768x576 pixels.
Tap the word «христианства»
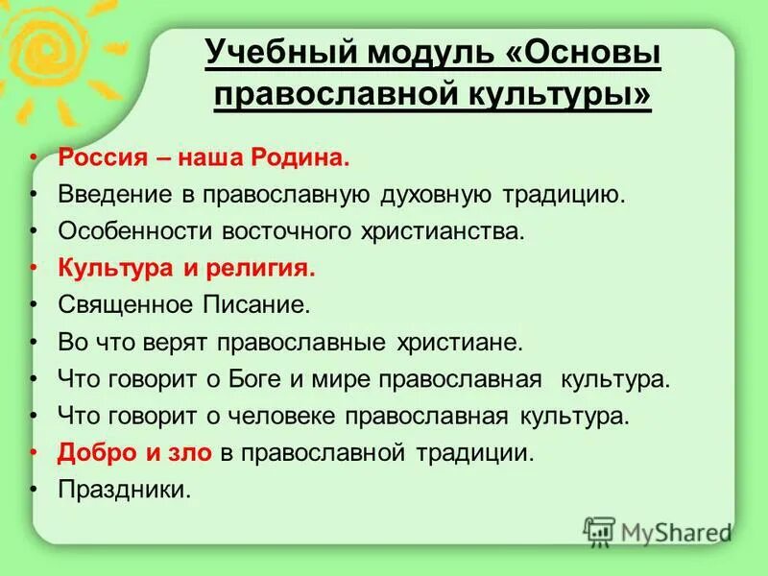[x=441, y=231]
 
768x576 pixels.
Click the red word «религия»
[x=265, y=269]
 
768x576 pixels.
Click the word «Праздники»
[x=124, y=490]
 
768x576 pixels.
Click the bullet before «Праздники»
[x=35, y=490]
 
